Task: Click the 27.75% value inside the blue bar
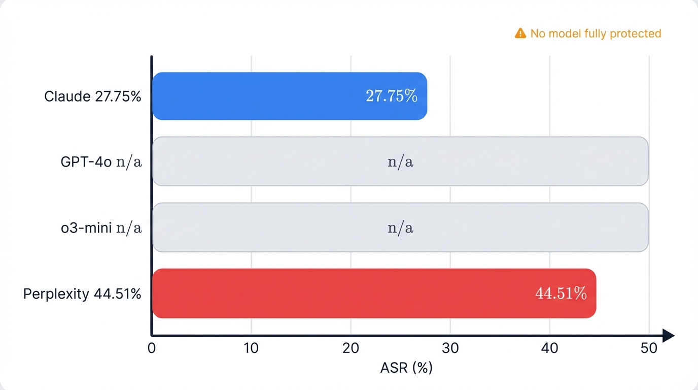pos(392,96)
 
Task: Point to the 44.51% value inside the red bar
pos(561,294)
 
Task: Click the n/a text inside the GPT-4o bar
pos(400,162)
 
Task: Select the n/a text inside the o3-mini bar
pos(400,228)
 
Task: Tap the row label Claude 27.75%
pos(93,96)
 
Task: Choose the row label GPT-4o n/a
pos(101,162)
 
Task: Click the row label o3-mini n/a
pos(101,228)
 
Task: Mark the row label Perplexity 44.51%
pos(82,294)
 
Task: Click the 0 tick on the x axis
pos(152,348)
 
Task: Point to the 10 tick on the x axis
pos(251,348)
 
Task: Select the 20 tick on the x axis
pos(351,348)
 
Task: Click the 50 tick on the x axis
pos(649,348)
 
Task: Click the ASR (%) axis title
pos(406,368)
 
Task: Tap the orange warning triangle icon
pos(520,34)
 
